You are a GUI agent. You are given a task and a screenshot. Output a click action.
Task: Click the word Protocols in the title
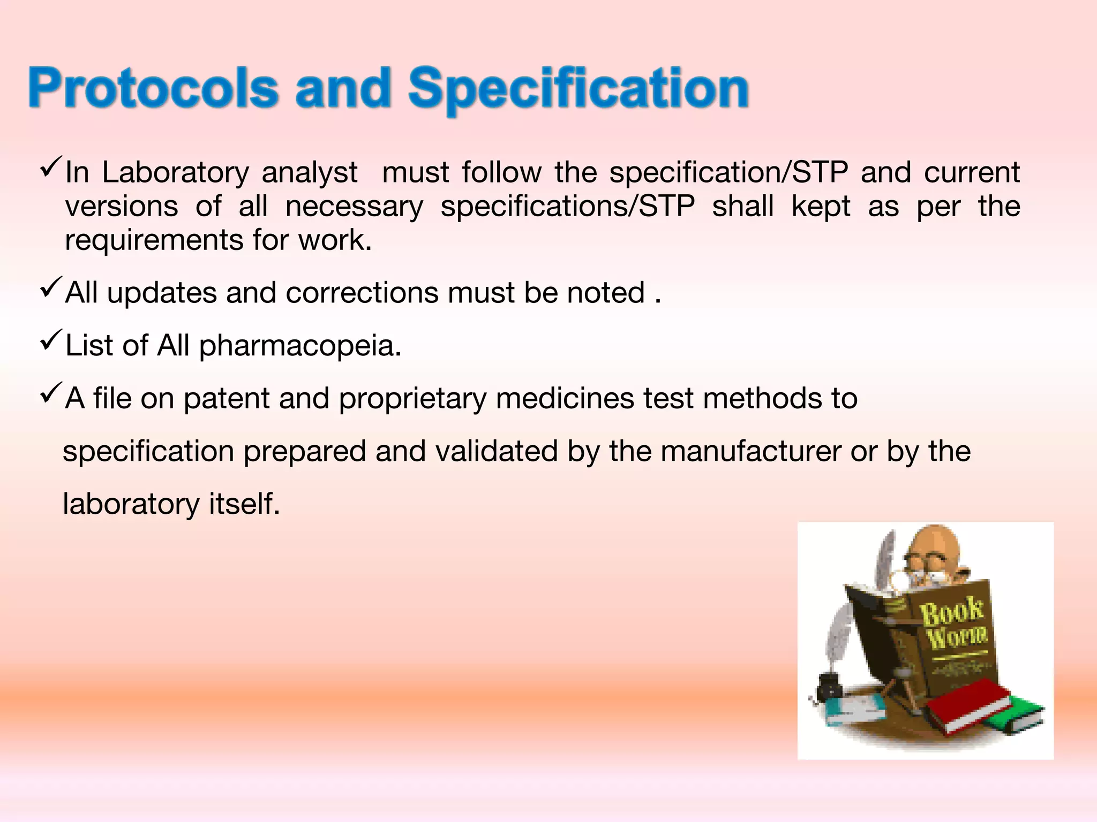(153, 88)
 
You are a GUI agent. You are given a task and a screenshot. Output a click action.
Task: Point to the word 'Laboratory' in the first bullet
(176, 173)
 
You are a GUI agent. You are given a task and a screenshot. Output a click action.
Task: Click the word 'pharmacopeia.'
(300, 346)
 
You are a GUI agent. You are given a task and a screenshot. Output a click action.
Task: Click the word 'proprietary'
(412, 399)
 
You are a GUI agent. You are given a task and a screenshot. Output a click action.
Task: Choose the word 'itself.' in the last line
(244, 504)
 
